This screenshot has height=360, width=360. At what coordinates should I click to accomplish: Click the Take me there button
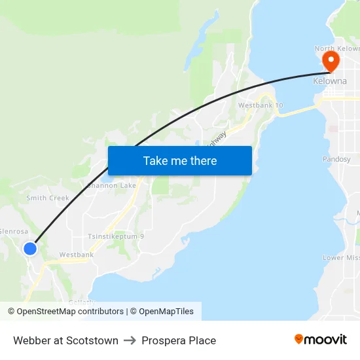pyautogui.click(x=180, y=160)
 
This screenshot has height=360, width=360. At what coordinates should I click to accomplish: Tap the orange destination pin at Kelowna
pyautogui.click(x=331, y=62)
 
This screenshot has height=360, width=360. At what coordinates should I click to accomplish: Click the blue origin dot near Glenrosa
pyautogui.click(x=30, y=249)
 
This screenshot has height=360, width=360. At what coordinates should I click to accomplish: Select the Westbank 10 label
pyautogui.click(x=261, y=105)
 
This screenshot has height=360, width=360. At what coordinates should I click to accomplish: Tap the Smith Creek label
pyautogui.click(x=48, y=198)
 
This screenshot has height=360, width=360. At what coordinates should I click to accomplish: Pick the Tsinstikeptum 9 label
pyautogui.click(x=116, y=236)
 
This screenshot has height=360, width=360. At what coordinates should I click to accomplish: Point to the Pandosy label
pyautogui.click(x=336, y=159)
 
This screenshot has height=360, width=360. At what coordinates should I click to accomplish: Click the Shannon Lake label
pyautogui.click(x=113, y=185)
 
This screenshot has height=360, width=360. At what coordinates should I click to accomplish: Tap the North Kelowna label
pyautogui.click(x=337, y=48)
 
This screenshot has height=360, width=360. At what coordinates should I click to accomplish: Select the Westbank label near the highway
pyautogui.click(x=77, y=255)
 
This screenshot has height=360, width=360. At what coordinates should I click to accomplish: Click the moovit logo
pyautogui.click(x=321, y=339)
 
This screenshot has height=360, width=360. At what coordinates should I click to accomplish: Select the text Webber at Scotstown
pyautogui.click(x=65, y=340)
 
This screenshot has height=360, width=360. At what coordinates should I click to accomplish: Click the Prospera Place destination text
pyautogui.click(x=179, y=340)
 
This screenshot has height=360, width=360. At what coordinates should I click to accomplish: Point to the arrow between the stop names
pyautogui.click(x=130, y=340)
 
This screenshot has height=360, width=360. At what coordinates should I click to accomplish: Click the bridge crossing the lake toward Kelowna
pyautogui.click(x=298, y=110)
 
